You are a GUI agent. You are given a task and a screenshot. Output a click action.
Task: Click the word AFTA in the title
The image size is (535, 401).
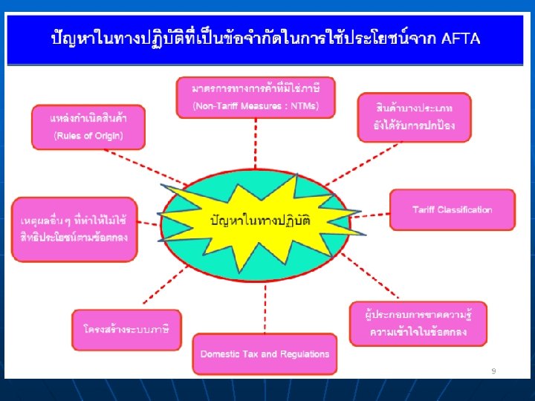[461, 38]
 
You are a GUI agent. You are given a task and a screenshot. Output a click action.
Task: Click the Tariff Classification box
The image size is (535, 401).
[452, 210]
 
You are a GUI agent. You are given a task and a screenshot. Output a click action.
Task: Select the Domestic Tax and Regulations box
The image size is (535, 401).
[265, 354]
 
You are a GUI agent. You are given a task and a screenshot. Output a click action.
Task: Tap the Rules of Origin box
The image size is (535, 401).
[88, 126]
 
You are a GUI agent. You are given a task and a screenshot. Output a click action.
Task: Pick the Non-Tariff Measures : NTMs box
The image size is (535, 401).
[255, 97]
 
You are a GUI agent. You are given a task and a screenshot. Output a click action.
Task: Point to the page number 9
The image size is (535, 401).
[493, 370]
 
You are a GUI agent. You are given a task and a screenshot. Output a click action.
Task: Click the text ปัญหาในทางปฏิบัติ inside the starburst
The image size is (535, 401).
[261, 221]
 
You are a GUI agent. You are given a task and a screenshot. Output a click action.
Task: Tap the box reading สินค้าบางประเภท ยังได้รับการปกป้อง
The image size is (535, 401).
[414, 117]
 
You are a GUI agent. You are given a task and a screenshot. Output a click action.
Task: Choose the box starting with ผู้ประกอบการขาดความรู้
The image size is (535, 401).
[418, 323]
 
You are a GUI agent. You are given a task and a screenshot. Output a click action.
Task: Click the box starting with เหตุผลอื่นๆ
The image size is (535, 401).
[74, 228]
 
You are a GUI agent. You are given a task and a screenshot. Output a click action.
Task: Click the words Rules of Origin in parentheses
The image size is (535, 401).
[88, 135]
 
